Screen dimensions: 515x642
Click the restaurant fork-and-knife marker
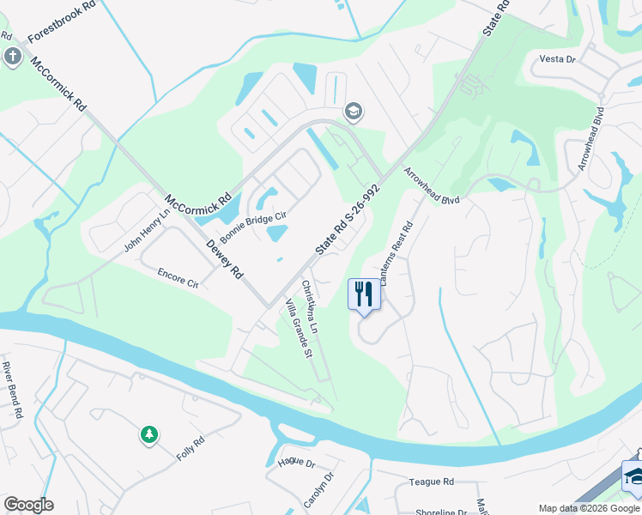tap(364, 294)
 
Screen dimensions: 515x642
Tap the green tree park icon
tap(149, 435)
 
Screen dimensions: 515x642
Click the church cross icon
tap(12, 58)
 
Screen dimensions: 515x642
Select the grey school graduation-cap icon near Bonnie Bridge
tap(352, 112)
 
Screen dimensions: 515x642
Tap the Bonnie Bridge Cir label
tap(252, 226)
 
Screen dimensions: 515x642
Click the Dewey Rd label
tap(225, 259)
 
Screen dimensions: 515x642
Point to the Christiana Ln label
tap(310, 306)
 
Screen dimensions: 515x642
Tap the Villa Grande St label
tap(297, 331)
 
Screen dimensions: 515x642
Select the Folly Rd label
tap(191, 445)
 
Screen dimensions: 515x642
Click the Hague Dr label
tap(297, 463)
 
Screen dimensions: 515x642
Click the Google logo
tap(28, 505)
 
